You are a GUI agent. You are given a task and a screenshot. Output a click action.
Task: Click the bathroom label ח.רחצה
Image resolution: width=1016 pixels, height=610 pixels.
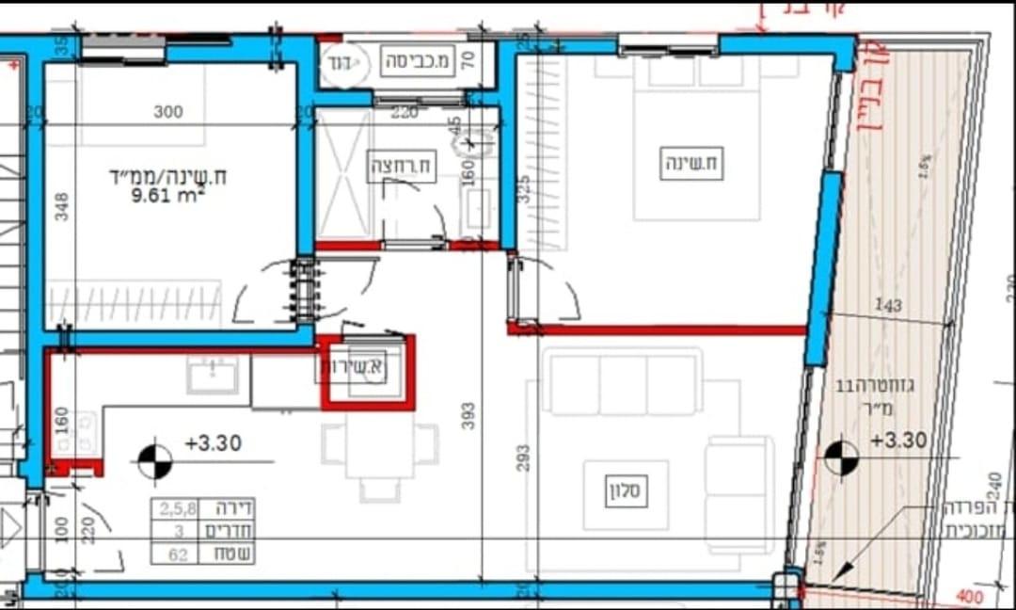[x=402, y=165]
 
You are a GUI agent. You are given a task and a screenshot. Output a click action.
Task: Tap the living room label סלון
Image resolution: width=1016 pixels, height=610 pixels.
[x=627, y=491]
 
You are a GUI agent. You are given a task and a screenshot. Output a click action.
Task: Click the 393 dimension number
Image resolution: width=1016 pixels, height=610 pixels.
[x=468, y=415]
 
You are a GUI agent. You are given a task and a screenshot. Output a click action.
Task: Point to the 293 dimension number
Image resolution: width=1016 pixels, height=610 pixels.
[x=523, y=457]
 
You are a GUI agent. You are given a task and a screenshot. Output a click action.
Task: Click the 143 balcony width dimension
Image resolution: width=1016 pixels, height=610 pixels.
[x=887, y=305]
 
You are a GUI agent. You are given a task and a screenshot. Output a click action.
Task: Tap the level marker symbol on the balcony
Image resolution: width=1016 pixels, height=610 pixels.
[x=842, y=458]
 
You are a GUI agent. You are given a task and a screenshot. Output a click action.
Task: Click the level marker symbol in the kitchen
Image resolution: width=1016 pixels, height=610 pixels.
[x=155, y=460]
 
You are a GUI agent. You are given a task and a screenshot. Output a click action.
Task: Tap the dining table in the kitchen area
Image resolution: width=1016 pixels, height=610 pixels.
[x=379, y=451]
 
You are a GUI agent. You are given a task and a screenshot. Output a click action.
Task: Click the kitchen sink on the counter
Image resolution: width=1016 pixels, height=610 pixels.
[x=212, y=376]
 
